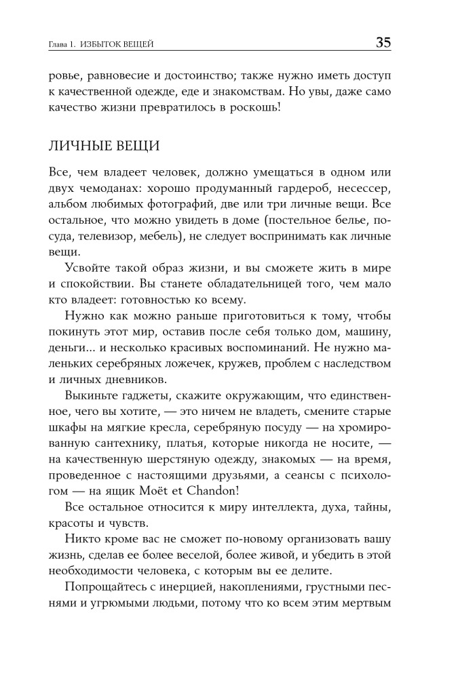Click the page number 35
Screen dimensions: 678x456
pyautogui.click(x=383, y=43)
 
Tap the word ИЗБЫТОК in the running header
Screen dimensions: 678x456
pyautogui.click(x=102, y=45)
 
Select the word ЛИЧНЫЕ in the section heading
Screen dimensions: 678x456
pyautogui.click(x=76, y=146)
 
